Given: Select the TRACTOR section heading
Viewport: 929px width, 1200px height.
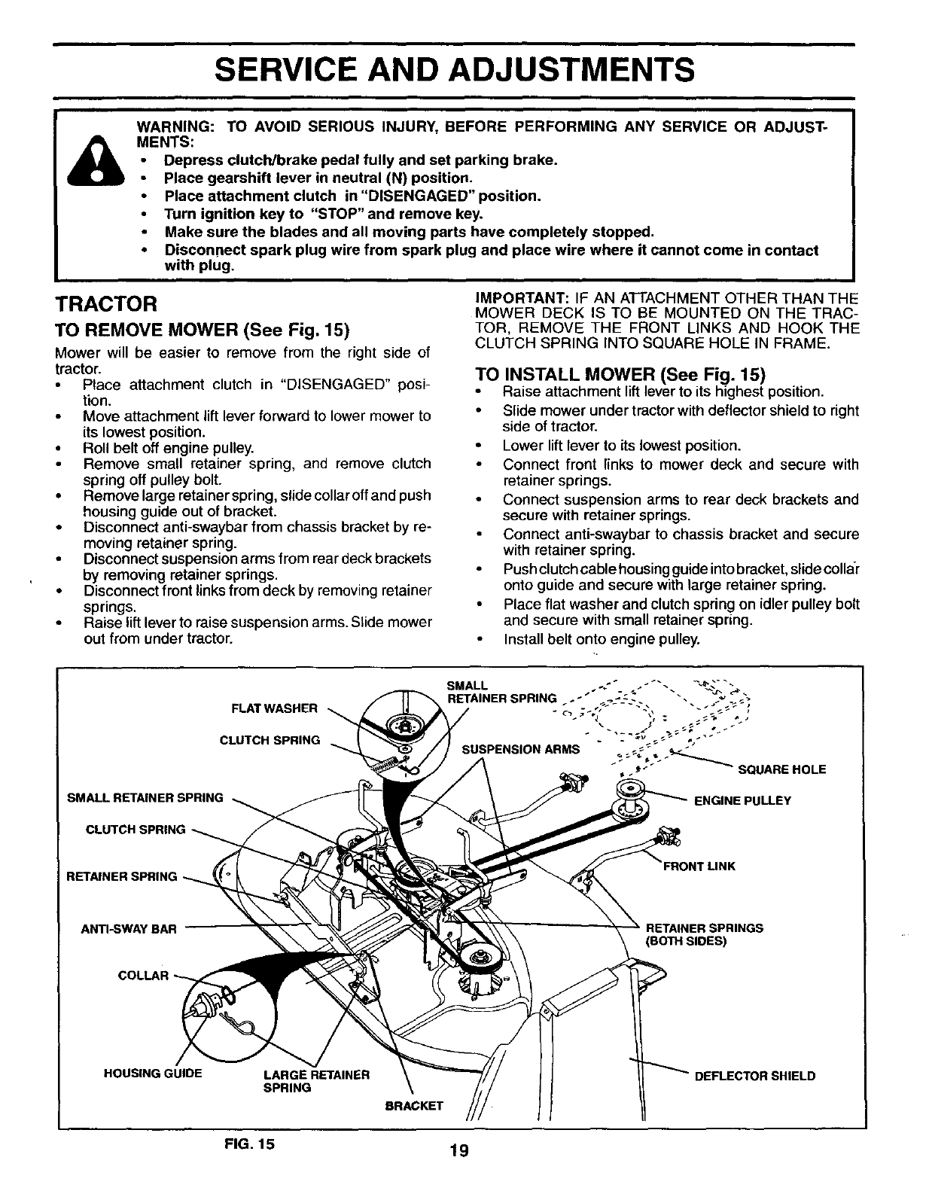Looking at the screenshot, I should pyautogui.click(x=105, y=305).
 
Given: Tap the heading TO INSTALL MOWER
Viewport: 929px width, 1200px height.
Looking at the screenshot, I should pyautogui.click(x=620, y=373).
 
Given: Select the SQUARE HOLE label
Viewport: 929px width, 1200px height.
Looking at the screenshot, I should pyautogui.click(x=781, y=769).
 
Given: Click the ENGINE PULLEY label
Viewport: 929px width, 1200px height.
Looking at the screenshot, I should pyautogui.click(x=742, y=800).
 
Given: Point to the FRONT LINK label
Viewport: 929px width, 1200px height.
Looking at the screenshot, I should pyautogui.click(x=698, y=866).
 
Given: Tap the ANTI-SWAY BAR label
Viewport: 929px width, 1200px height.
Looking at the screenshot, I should pyautogui.click(x=128, y=928).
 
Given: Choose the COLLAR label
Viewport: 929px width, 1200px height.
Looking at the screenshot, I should pyautogui.click(x=144, y=976).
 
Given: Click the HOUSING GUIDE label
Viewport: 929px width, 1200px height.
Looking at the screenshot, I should pyautogui.click(x=153, y=1074).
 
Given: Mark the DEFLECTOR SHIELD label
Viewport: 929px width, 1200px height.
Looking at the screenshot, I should pyautogui.click(x=754, y=1076).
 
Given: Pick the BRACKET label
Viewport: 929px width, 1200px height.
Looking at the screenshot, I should pyautogui.click(x=414, y=1106).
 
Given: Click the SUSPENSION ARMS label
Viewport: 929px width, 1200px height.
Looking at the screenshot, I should pyautogui.click(x=521, y=749).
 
